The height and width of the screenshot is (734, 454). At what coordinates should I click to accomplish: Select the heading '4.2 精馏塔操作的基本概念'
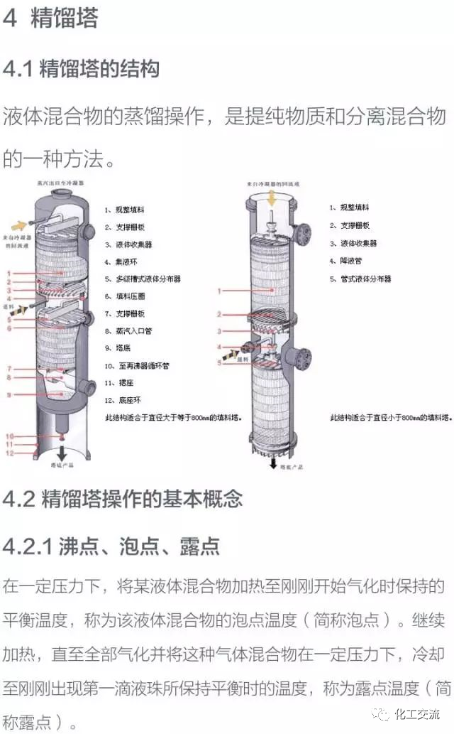click(x=123, y=498)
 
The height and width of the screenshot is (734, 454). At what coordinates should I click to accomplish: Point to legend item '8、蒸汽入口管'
click(x=129, y=331)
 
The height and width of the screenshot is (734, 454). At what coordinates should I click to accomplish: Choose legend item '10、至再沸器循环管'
click(x=137, y=365)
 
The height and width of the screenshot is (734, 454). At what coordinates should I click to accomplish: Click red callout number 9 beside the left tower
click(x=9, y=394)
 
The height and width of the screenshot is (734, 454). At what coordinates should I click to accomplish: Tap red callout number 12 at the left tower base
click(x=9, y=453)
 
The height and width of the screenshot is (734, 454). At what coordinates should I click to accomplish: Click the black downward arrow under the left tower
click(x=62, y=452)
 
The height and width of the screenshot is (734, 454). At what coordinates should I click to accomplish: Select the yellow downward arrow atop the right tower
click(x=272, y=200)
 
